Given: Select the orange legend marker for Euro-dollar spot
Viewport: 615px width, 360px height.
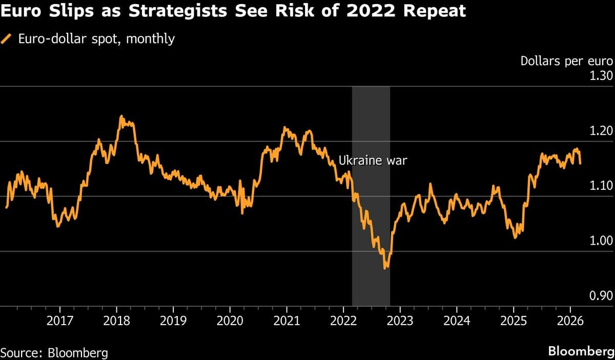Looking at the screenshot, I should [x=7, y=38].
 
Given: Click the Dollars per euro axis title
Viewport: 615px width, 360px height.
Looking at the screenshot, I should [x=566, y=61].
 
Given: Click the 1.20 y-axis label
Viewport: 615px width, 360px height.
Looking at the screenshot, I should [x=602, y=131].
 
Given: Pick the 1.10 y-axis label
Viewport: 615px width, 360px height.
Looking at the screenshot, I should [x=602, y=186].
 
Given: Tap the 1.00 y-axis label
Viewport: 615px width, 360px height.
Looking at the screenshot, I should [x=602, y=241].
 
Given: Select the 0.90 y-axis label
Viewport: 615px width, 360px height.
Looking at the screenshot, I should [x=602, y=296].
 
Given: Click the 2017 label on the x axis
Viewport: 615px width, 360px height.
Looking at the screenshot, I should [x=59, y=323].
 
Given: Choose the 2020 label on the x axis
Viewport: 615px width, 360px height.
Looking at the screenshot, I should [x=230, y=323].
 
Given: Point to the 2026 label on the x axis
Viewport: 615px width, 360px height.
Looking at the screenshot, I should [x=570, y=323].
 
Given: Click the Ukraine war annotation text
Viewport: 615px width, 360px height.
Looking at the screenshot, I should [x=373, y=161].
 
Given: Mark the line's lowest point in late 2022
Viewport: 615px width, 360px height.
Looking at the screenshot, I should [x=385, y=268].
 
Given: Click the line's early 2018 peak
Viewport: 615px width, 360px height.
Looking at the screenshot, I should [x=121, y=116].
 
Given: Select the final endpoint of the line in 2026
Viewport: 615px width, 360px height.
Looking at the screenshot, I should [x=580, y=163].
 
